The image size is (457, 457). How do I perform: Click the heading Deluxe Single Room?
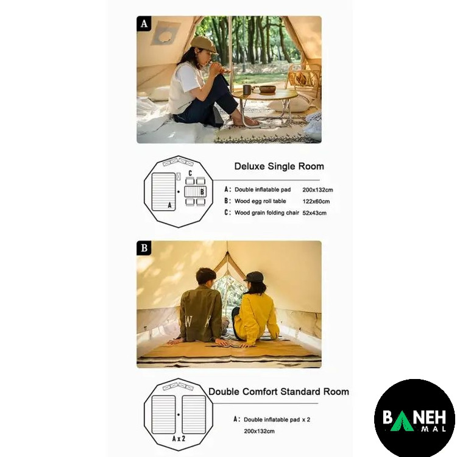pos(279,166)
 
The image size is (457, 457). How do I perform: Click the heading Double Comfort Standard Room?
pos(278,391)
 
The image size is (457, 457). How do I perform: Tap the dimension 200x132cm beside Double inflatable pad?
pos(317,190)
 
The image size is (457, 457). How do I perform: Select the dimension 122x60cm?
pos(316,202)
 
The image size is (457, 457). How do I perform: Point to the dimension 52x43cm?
pos(314,213)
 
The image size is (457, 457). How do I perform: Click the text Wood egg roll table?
pos(260,201)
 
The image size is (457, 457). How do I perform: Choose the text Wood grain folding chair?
pos(267,213)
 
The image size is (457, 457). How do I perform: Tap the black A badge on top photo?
pos(144,23)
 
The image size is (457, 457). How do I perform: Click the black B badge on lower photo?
pos(144,248)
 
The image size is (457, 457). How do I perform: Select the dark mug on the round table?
pos(247,90)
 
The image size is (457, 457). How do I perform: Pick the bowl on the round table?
pos(267,89)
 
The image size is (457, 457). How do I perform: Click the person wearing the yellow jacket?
pos(254,310)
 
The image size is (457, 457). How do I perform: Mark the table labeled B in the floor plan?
pos(195,191)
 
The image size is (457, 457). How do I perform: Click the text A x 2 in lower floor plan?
pos(179,439)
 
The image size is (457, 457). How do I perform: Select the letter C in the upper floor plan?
pos(190,173)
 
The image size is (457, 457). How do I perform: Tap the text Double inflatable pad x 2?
pos(277,420)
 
